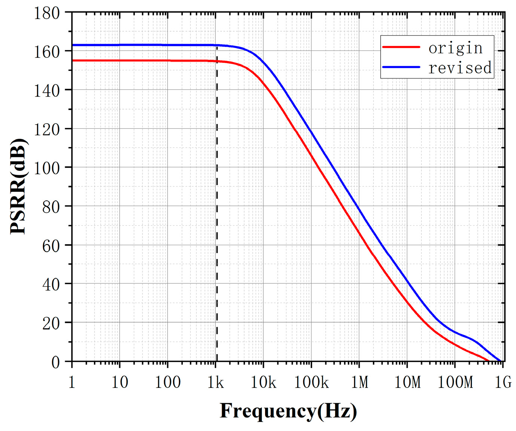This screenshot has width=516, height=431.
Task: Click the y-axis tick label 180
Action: [x=47, y=13]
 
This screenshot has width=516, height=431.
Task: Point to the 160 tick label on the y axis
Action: [x=47, y=52]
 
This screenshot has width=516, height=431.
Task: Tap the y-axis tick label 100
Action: [x=47, y=168]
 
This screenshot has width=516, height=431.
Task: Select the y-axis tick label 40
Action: [x=51, y=285]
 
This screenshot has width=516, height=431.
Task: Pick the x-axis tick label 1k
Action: [x=215, y=382]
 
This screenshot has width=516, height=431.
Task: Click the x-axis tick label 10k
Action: [x=263, y=382]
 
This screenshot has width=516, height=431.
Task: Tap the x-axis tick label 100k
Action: [x=311, y=382]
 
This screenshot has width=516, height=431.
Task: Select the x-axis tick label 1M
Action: [x=359, y=382]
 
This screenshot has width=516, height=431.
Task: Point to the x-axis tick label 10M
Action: [x=407, y=382]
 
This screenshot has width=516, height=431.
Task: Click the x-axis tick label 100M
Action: [x=455, y=382]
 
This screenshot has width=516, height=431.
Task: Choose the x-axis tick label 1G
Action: [x=503, y=382]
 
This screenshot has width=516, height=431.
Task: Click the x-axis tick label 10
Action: [x=120, y=382]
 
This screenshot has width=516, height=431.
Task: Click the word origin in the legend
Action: [x=455, y=48]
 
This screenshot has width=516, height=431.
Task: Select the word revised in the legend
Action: [x=460, y=68]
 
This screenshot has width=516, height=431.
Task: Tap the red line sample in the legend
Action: [x=401, y=47]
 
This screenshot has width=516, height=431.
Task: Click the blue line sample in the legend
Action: [x=401, y=67]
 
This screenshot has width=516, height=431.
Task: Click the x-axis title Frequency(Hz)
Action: [x=288, y=411]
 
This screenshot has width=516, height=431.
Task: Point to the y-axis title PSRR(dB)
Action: [x=18, y=186]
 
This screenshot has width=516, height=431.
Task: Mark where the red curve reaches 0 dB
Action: [x=489, y=361]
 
